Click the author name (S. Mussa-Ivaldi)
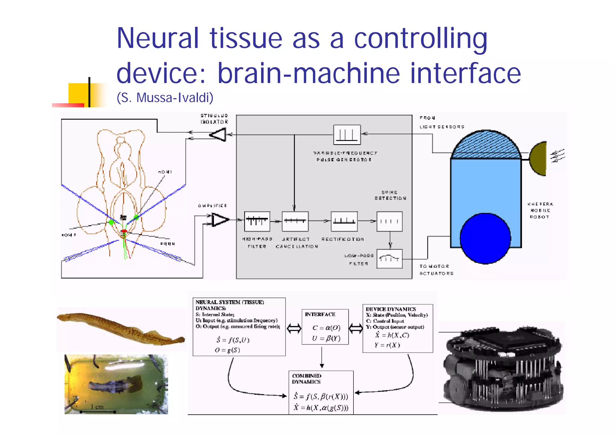[165, 97]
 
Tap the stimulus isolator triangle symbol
[219, 135]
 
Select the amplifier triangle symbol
[220, 220]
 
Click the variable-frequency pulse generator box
[347, 135]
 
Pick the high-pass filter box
[257, 221]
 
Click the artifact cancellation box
[295, 221]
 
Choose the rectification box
[344, 221]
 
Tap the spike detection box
[389, 221]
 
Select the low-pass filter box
[389, 259]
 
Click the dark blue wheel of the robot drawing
[485, 238]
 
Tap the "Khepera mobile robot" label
[540, 210]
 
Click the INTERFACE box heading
[320, 314]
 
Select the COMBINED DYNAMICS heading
[306, 379]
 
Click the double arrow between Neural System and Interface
[294, 328]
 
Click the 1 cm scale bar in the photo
[98, 411]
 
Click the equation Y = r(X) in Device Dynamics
[387, 345]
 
